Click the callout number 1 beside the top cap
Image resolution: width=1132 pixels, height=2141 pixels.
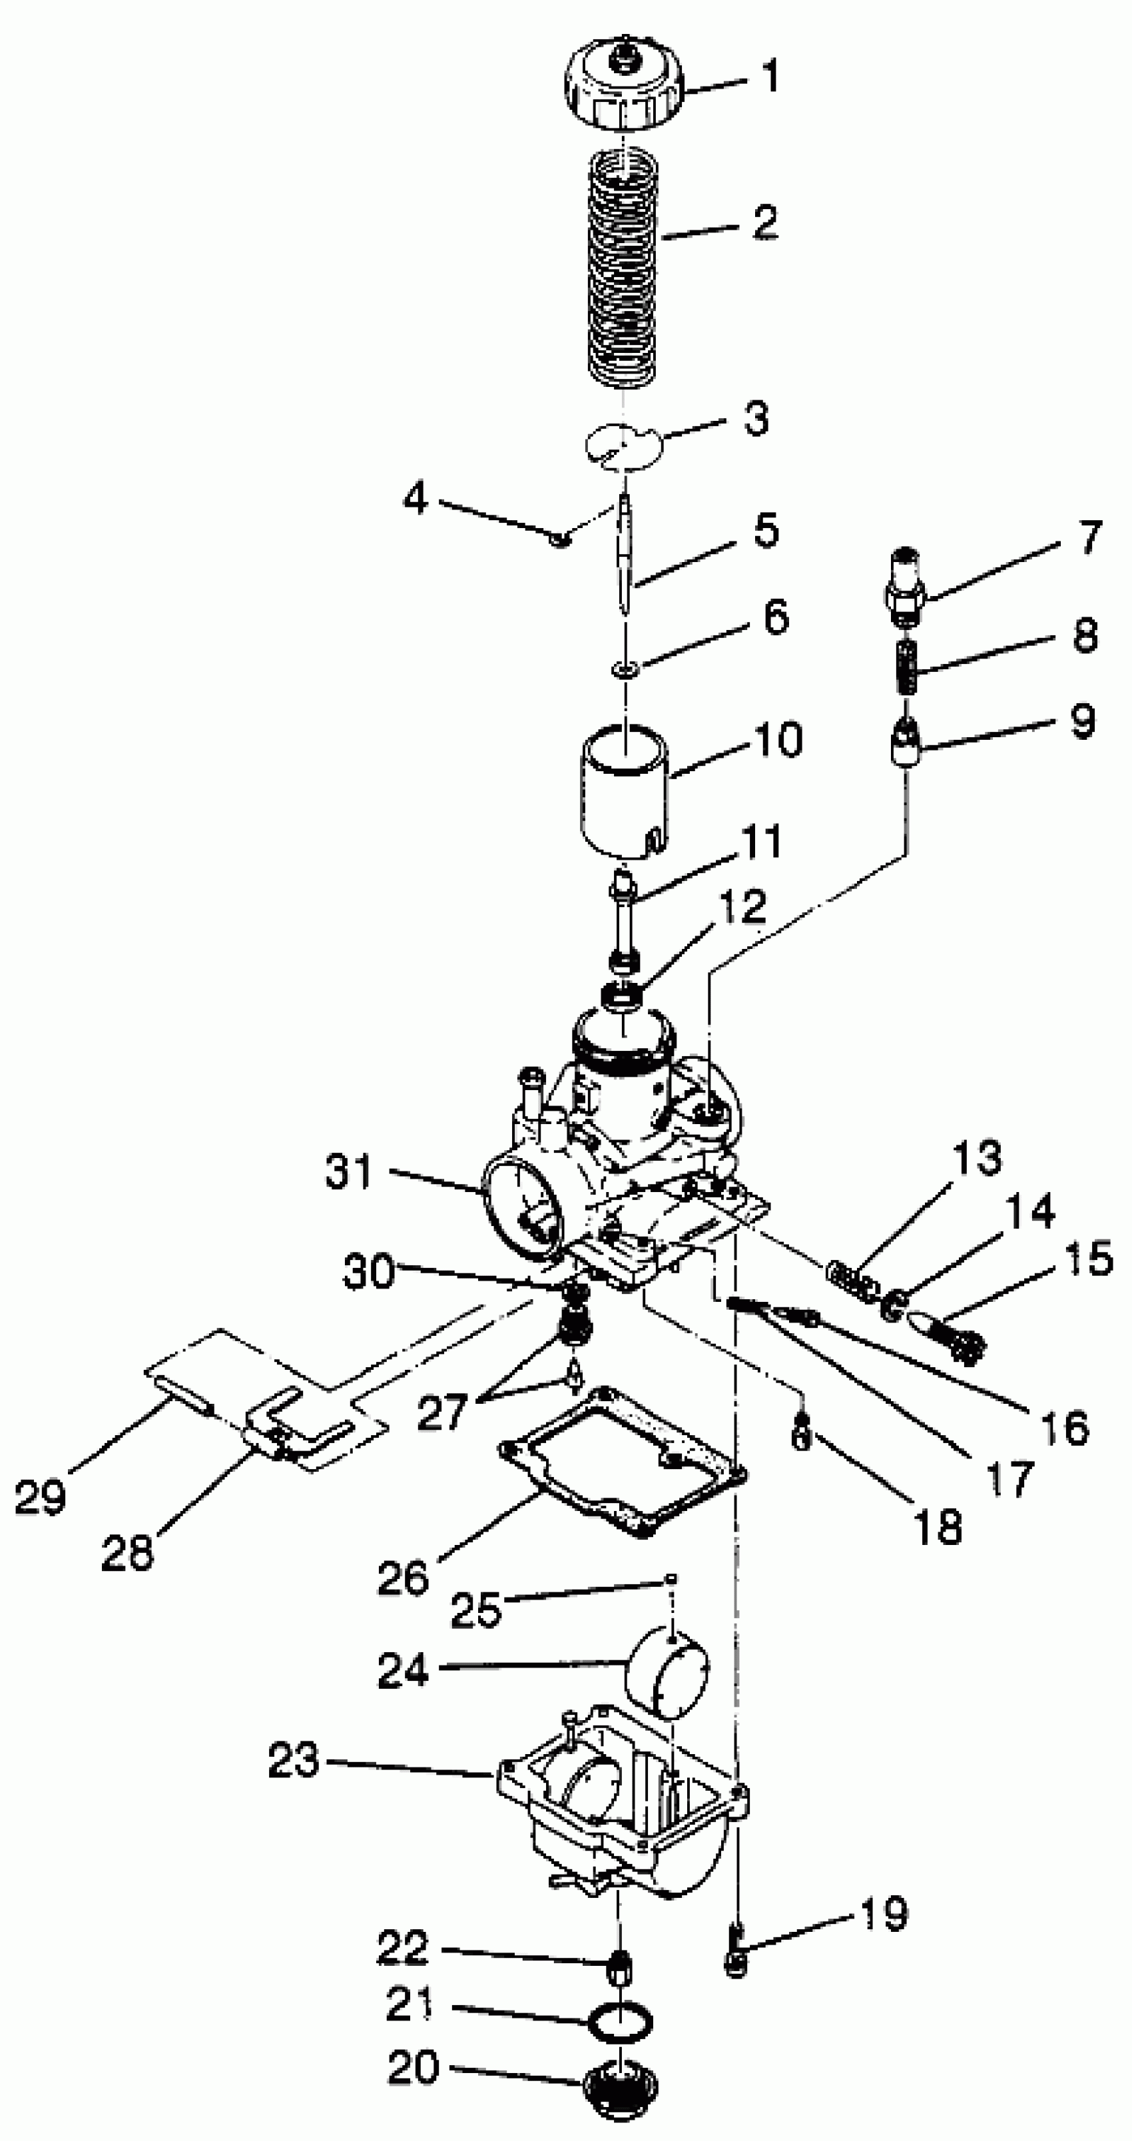(x=770, y=77)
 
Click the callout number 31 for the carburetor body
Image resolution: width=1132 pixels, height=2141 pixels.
(x=349, y=1171)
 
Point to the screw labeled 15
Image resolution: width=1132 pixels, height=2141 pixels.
(x=952, y=1337)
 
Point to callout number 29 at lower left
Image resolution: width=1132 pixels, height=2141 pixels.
(x=40, y=1496)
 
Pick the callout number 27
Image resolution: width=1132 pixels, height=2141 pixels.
(x=441, y=1410)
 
